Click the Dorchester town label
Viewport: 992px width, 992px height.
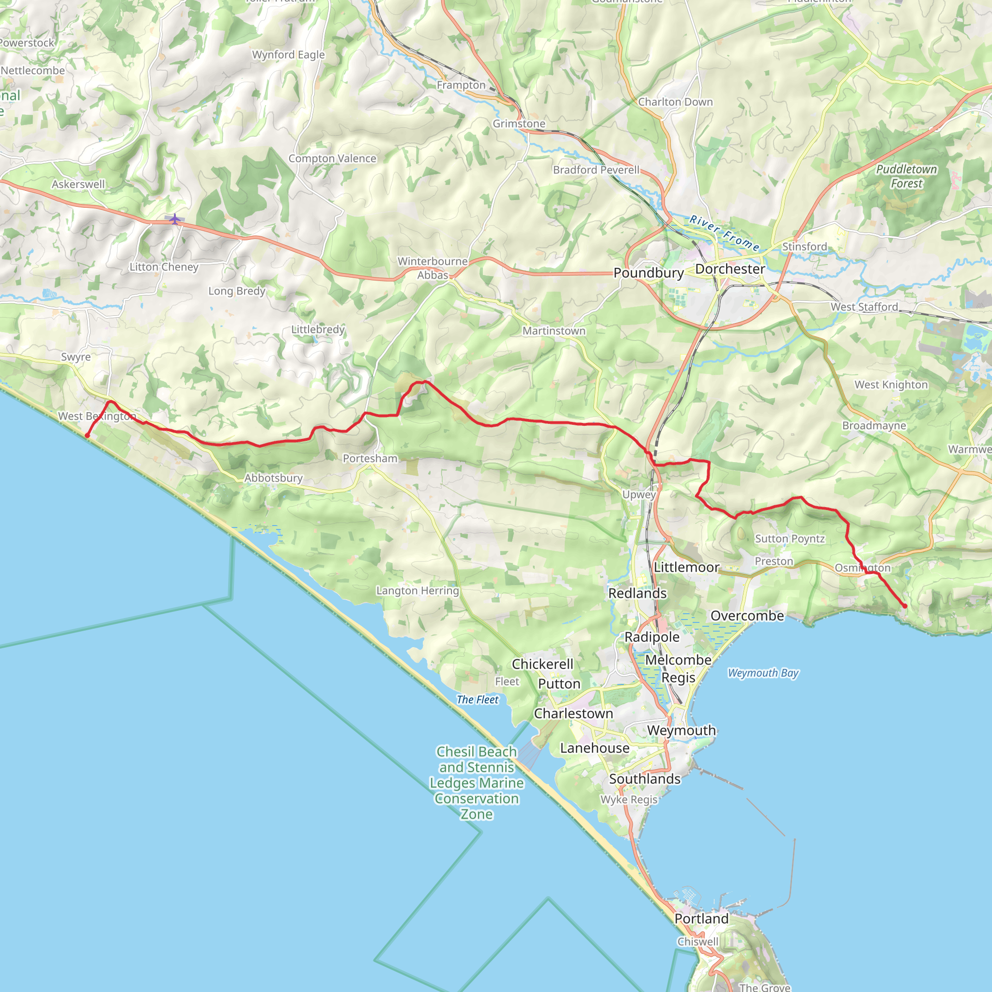click(x=729, y=269)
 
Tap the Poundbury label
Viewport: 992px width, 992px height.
click(x=649, y=273)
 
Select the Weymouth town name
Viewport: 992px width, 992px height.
click(x=682, y=730)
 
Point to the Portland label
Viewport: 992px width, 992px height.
click(x=701, y=918)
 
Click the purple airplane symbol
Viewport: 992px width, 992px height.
click(x=175, y=219)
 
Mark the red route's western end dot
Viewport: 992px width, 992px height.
click(x=87, y=435)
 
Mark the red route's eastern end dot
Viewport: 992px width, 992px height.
click(x=905, y=606)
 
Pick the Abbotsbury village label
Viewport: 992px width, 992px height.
click(x=273, y=478)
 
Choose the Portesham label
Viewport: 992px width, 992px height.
click(x=370, y=459)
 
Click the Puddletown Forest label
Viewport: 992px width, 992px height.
click(x=906, y=176)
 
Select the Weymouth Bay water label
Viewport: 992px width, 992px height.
click(x=763, y=673)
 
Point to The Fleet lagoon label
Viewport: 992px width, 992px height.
click(x=478, y=699)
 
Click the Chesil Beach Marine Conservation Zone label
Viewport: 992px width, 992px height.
click(x=477, y=783)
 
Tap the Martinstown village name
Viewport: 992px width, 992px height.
click(x=554, y=331)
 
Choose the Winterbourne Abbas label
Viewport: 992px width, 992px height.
click(x=433, y=268)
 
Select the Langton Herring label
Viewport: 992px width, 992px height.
click(x=418, y=590)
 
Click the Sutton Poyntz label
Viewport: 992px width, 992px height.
click(x=790, y=539)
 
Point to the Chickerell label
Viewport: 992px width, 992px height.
click(x=542, y=664)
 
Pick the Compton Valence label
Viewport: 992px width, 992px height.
click(x=332, y=159)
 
